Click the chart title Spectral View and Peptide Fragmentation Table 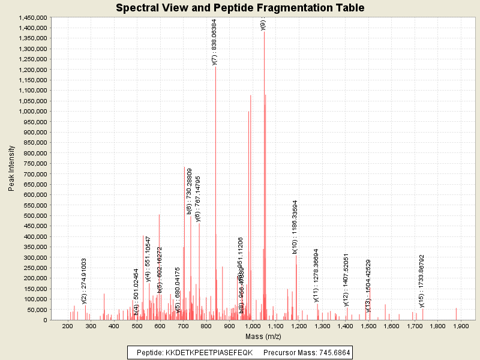pos(240,8)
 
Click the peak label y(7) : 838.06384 pos(215,41)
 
